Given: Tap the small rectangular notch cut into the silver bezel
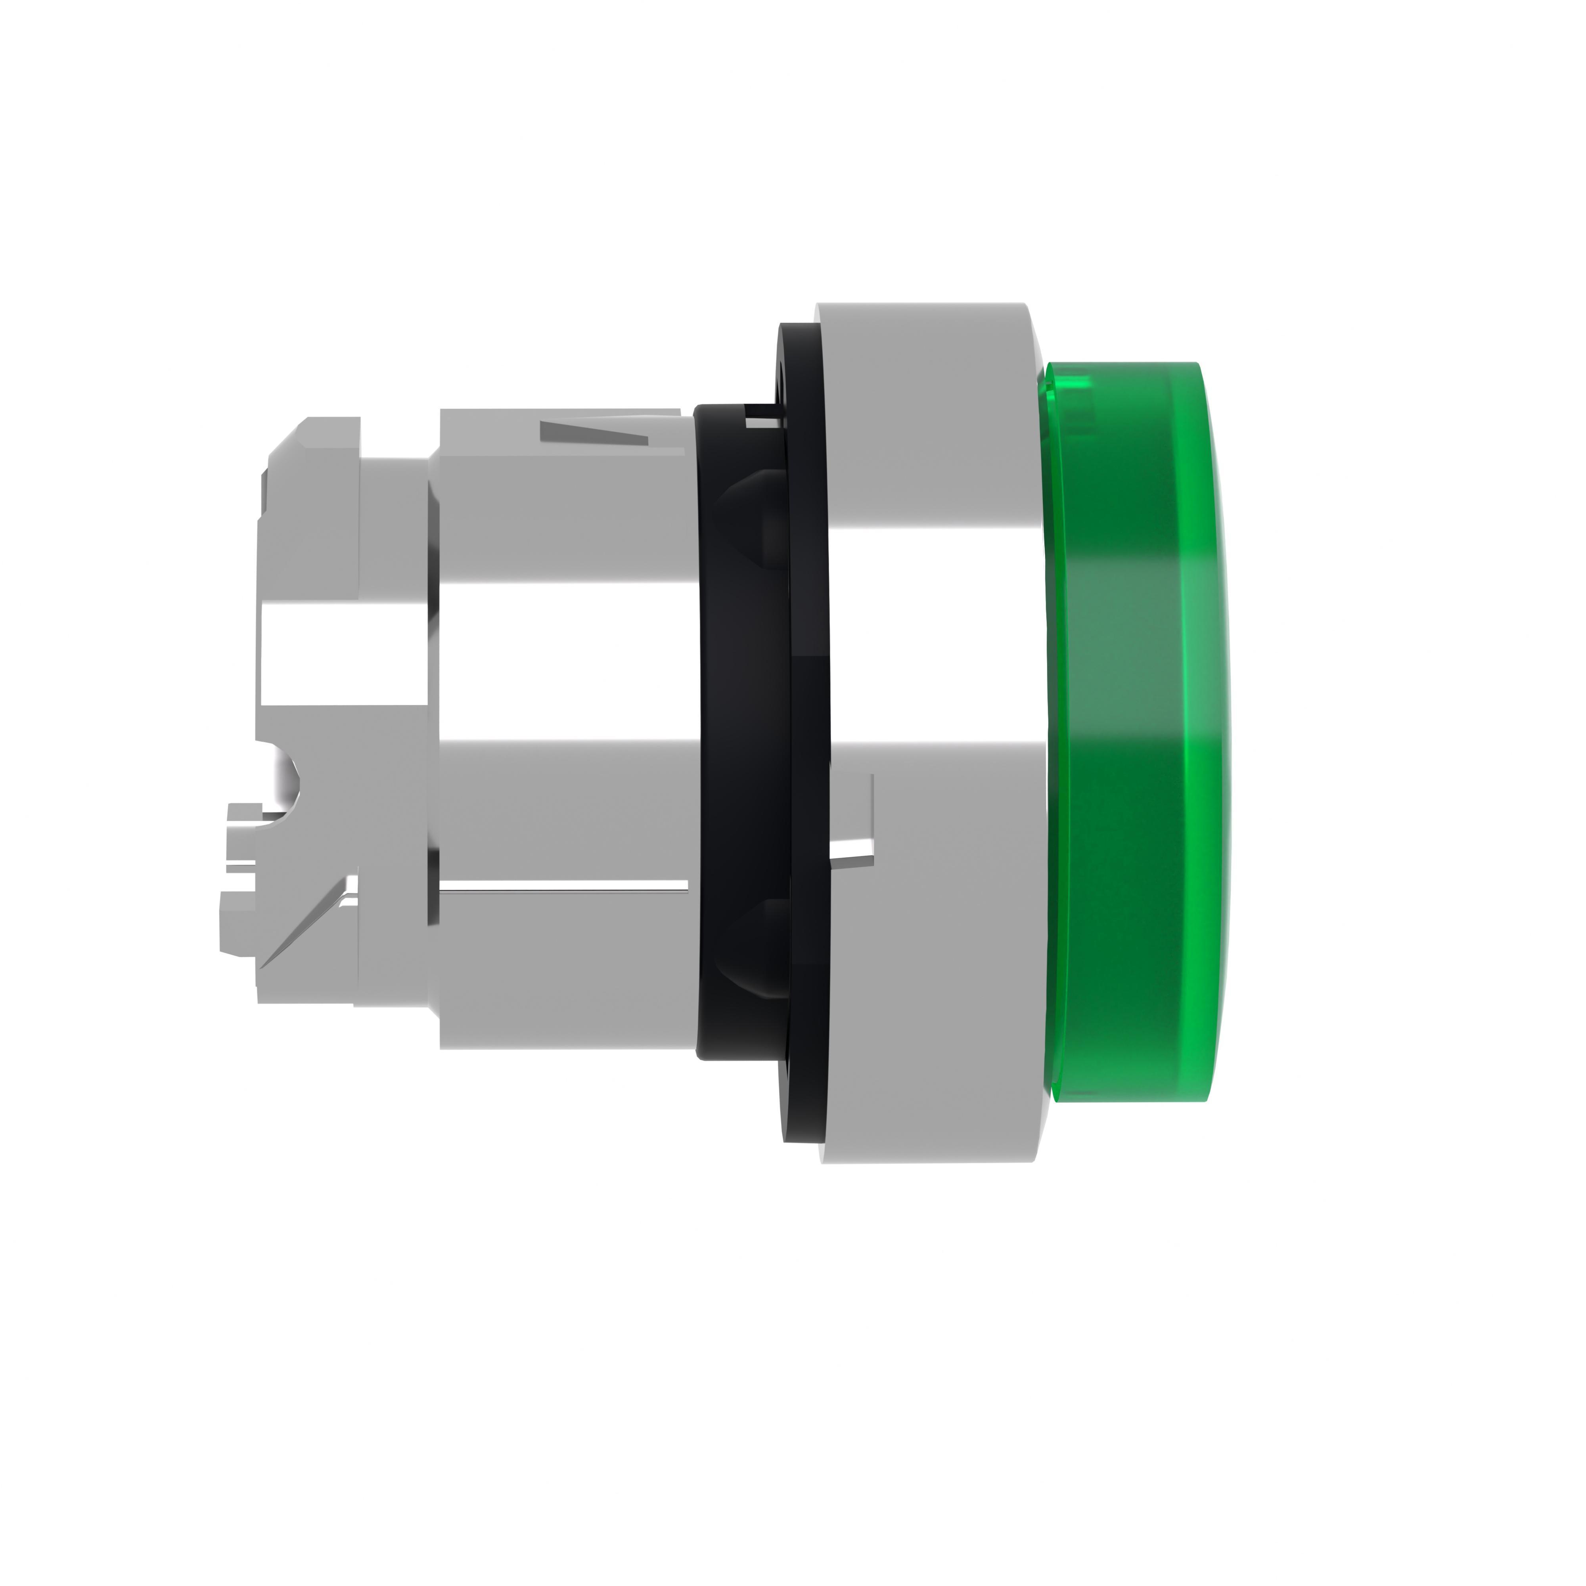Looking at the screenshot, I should tap(854, 821).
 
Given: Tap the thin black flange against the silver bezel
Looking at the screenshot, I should tap(808, 739).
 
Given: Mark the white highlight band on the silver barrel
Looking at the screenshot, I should tap(567, 657).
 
